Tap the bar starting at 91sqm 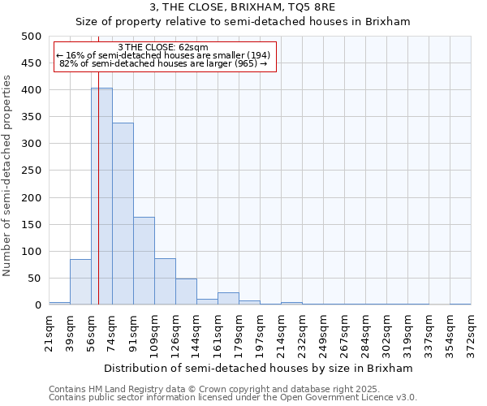pos(144,261)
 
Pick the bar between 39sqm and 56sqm pos(80,282)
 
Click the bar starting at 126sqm pos(186,292)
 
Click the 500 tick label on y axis pos(32,37)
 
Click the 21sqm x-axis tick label pos(49,330)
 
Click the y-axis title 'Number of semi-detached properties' pos(7,175)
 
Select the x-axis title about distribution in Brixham pos(259,368)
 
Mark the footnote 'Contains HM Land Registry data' pos(122,389)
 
